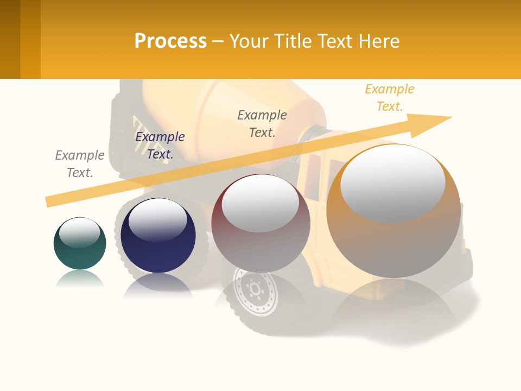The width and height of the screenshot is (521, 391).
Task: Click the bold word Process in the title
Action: [x=170, y=41]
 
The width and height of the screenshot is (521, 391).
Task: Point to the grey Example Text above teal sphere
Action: [x=80, y=164]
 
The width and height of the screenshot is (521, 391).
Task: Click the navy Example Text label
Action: [x=160, y=146]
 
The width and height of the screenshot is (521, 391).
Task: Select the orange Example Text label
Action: [x=390, y=98]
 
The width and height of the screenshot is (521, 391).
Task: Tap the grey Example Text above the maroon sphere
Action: [x=262, y=124]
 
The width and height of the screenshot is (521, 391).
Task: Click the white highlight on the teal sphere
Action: [x=79, y=231]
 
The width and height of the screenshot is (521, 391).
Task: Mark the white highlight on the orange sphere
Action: [x=393, y=184]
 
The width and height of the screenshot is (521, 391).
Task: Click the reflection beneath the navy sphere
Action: [x=158, y=285]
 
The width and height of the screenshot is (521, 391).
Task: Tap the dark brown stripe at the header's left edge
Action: [x=10, y=39]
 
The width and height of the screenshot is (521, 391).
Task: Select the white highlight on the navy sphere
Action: [x=157, y=219]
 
